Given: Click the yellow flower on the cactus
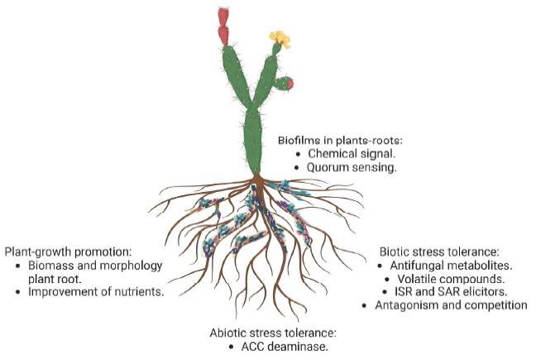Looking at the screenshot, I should click(280, 38).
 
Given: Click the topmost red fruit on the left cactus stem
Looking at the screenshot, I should click(222, 16).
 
